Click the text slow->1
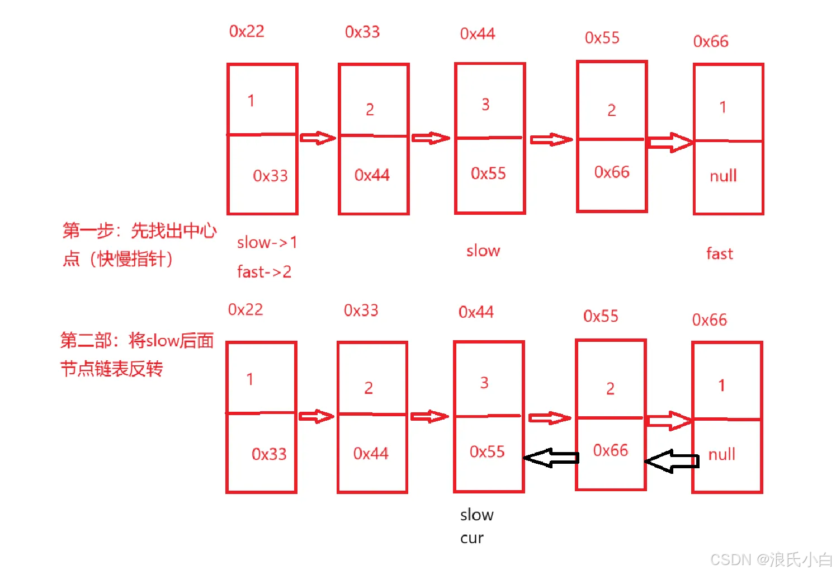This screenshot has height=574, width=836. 267,242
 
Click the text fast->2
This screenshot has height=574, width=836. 264,272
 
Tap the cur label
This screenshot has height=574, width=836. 471,538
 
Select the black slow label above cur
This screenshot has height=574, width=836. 476,515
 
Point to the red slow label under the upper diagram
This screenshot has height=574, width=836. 483,251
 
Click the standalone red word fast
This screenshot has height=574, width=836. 719,254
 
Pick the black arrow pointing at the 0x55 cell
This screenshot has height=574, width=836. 551,458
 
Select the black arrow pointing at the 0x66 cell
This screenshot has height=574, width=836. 672,461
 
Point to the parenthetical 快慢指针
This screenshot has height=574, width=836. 131,259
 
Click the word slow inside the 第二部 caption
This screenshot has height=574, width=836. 162,340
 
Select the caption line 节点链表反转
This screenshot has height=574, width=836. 111,369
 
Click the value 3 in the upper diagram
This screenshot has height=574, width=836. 485,105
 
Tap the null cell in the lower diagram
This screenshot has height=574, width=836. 721,454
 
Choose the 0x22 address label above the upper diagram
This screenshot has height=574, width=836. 247,31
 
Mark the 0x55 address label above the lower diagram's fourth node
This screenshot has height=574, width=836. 601,316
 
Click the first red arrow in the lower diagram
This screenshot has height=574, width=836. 317,416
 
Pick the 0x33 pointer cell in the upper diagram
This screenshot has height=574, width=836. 270,176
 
